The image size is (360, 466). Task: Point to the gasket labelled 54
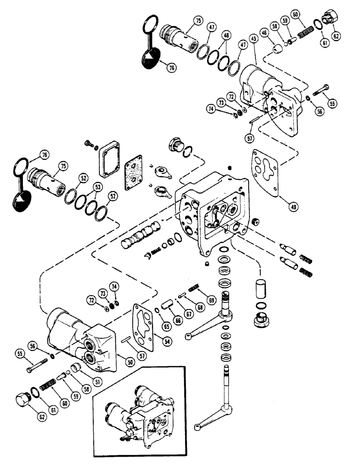click(144, 322)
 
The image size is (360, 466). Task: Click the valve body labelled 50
click(79, 331)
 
